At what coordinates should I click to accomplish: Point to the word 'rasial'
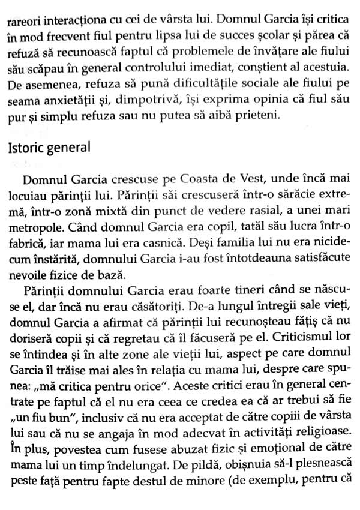click(x=221, y=215)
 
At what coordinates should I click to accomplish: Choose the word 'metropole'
click(x=34, y=232)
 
